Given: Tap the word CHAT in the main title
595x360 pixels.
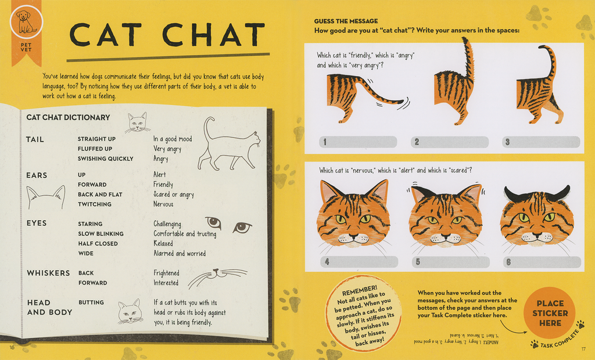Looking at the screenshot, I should pos(214,35).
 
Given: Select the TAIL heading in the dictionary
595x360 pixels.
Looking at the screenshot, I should pos(35,139).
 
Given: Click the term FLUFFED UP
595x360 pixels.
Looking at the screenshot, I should pos(95,149).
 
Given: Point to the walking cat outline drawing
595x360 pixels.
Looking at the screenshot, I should pos(228,145).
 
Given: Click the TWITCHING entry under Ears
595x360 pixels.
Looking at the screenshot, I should pos(95,204).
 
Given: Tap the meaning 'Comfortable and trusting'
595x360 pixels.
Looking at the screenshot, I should pos(185,234).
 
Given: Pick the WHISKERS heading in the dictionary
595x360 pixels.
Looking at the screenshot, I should pos(48,273).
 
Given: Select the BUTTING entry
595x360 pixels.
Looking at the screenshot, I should pos(91,303).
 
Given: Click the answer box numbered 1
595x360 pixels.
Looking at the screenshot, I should pos(358,142).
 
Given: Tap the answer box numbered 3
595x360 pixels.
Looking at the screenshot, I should pos(541,142).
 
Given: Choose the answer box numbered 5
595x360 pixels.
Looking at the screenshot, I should pos(450,262).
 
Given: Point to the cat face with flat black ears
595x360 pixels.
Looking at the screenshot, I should pos(536,218).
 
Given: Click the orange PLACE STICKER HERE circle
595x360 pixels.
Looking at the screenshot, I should pos(550,313).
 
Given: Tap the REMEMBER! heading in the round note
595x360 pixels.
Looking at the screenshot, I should pos(360,289).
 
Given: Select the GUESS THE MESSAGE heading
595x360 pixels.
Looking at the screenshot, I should pos(346,21).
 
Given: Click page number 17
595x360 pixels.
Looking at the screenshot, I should pos(584,348).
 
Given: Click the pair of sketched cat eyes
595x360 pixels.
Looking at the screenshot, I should pos(228,225).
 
